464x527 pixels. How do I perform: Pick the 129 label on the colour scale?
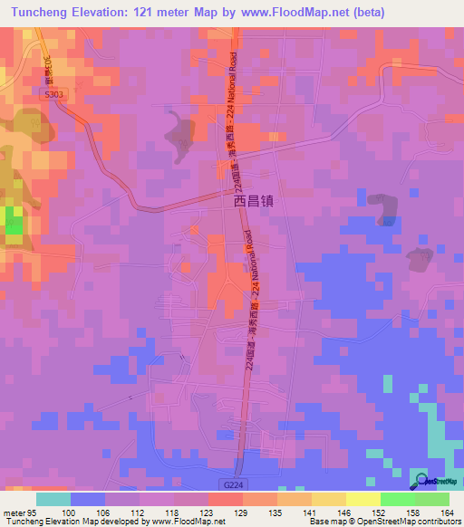pyautogui.click(x=242, y=513)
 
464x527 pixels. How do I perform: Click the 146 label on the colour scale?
pyautogui.click(x=343, y=513)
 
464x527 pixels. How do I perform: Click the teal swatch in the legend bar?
pyautogui.click(x=53, y=499)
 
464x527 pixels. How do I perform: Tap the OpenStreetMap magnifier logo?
pyautogui.click(x=421, y=480)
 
